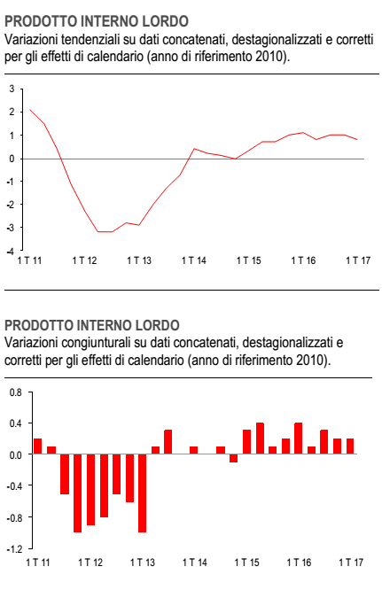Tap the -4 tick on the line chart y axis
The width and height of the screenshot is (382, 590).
pyautogui.click(x=11, y=251)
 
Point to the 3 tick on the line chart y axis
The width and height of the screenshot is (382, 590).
pyautogui.click(x=12, y=89)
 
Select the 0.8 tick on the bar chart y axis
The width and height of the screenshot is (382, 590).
pyautogui.click(x=16, y=392)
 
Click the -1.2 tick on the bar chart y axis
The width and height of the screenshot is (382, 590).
pyautogui.click(x=15, y=549)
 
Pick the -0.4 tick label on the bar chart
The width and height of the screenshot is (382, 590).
pyautogui.click(x=15, y=485)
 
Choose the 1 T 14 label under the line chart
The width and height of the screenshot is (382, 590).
pyautogui.click(x=194, y=260)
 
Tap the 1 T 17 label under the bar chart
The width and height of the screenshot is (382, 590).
pyautogui.click(x=351, y=563)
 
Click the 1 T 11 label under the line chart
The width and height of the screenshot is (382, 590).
pyautogui.click(x=30, y=260)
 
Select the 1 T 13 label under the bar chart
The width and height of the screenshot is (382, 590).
pyautogui.click(x=143, y=563)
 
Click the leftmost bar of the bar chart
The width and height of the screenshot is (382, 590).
pyautogui.click(x=37, y=446)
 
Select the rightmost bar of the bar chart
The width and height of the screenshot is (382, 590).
pyautogui.click(x=350, y=446)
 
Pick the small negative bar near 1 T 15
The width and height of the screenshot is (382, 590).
pyautogui.click(x=233, y=458)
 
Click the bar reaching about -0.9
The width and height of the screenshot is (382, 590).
pyautogui.click(x=90, y=490)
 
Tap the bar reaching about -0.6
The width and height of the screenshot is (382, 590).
pyautogui.click(x=129, y=477)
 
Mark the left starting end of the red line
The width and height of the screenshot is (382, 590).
pyautogui.click(x=29, y=110)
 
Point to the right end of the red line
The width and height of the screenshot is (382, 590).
pyautogui.click(x=357, y=140)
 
